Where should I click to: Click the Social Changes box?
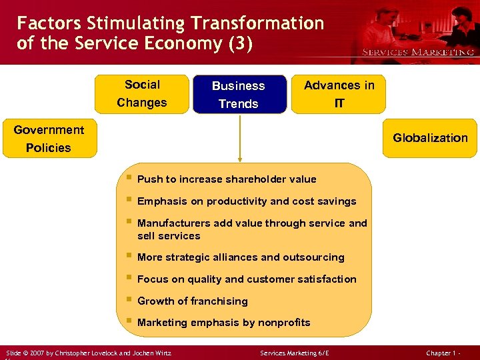tap(142, 94)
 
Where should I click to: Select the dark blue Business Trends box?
tap(239, 95)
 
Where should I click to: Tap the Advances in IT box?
tap(339, 94)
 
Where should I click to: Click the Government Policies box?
tap(49, 139)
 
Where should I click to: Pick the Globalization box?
tap(430, 138)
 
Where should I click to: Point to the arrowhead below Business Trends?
tap(239, 159)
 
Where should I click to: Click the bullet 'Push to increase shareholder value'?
tap(227, 179)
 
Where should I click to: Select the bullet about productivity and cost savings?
tap(247, 201)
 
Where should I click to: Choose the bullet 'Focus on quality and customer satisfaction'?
tap(247, 279)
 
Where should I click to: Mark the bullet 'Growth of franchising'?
tap(192, 301)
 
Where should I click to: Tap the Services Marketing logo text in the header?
tap(417, 52)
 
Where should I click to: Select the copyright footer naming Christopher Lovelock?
tap(88, 353)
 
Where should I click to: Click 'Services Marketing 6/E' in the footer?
tap(295, 353)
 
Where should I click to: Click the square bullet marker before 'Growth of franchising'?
tap(128, 300)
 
